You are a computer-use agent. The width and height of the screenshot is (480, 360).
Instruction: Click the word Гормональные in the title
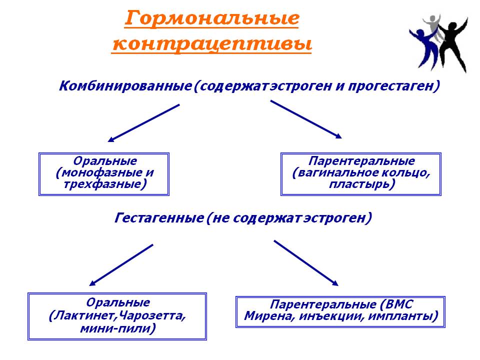[x=212, y=18]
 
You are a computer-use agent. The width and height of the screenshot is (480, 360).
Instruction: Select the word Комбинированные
[x=125, y=86]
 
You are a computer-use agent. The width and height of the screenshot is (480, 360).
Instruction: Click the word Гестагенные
[x=159, y=218]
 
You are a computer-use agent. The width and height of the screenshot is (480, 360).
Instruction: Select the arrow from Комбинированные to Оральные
[x=143, y=123]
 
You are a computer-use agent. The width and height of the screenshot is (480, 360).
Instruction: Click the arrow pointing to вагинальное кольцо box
[x=306, y=119]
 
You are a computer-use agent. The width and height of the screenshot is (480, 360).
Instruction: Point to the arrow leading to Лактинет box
[x=121, y=265]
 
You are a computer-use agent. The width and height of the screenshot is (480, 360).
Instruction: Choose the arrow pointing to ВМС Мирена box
[x=306, y=263]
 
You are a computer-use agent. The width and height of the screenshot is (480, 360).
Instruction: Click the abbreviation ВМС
[x=399, y=304]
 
